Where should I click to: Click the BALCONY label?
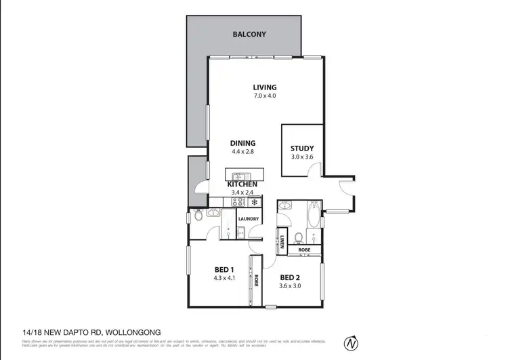249,33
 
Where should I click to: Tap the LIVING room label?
265,87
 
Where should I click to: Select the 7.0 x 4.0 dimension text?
265,96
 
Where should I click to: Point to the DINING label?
242,143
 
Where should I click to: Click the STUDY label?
301,149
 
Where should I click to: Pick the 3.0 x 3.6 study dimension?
301,158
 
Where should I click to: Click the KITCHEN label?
242,184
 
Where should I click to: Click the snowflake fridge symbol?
255,202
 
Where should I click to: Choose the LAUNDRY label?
249,219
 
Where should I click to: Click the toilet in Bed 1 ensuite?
197,216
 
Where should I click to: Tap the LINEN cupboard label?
282,241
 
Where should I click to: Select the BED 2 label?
290,277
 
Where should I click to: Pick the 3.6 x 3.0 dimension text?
290,285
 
